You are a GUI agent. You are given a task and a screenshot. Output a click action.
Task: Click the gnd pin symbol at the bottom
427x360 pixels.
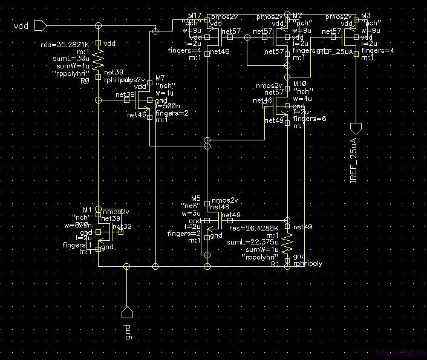[x=126, y=312]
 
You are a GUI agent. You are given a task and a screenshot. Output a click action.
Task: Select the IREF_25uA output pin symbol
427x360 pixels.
[x=356, y=128]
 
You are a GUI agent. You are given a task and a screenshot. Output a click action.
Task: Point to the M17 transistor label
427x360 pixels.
[x=195, y=15]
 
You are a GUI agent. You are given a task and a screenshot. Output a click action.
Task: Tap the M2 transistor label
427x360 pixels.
[x=298, y=15]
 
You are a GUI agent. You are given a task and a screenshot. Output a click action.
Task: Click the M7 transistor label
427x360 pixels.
[x=160, y=79]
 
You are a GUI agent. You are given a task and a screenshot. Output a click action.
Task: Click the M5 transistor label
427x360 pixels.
[x=195, y=198]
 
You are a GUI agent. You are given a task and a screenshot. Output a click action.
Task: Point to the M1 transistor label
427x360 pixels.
[x=86, y=210]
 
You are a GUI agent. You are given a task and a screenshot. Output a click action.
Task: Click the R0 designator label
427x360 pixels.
[x=85, y=80]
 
